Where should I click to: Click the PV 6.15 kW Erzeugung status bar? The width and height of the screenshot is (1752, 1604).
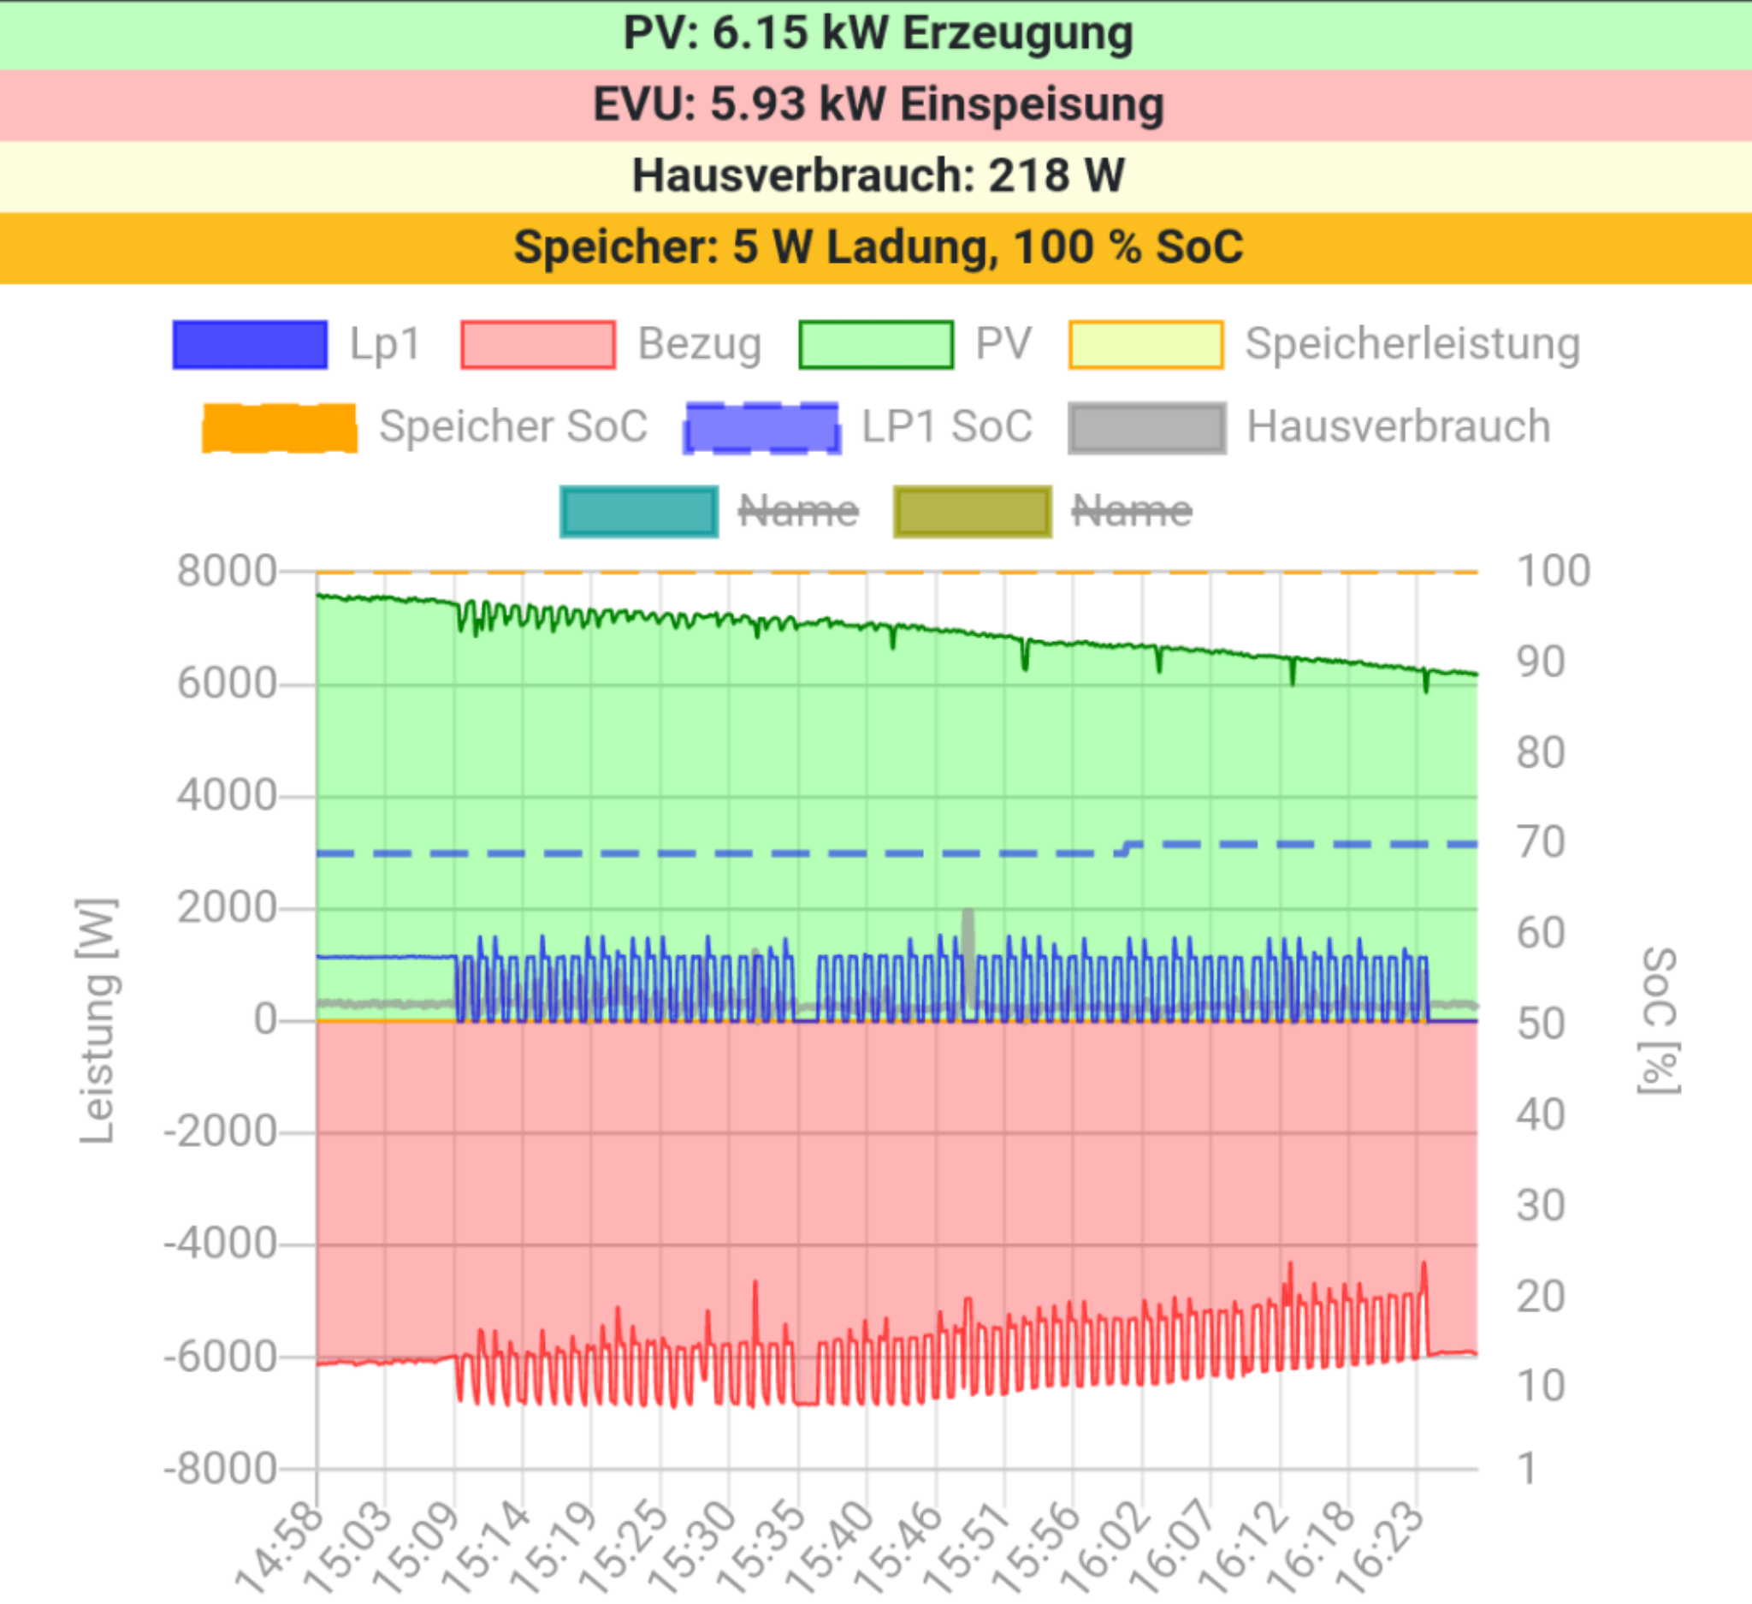tap(876, 35)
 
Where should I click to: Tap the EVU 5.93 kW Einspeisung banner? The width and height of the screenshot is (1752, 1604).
tap(876, 105)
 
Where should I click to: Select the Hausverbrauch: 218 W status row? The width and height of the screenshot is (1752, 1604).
tap(876, 176)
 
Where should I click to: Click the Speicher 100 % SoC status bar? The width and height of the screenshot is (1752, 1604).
tap(876, 247)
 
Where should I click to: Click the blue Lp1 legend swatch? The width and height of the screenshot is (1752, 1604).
tap(251, 345)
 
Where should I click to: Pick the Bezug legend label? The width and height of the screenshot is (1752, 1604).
tap(700, 344)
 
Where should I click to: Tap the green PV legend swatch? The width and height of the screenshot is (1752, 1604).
tap(876, 345)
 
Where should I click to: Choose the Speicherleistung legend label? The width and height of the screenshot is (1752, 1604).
tap(1412, 344)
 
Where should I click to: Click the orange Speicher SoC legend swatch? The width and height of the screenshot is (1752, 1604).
tap(279, 428)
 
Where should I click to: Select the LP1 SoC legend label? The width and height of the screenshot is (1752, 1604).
tap(946, 427)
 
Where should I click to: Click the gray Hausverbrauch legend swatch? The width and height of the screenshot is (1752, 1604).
tap(1147, 428)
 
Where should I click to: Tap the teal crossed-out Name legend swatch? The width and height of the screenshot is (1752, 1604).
tap(639, 511)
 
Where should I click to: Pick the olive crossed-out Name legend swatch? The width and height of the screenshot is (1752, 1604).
tap(973, 511)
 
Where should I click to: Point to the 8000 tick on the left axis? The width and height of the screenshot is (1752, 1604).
tap(227, 572)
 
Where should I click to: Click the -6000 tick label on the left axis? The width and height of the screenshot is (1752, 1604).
tap(220, 1357)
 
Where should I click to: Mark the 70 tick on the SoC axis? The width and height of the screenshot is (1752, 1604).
tap(1541, 842)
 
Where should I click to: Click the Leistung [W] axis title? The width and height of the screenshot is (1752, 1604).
tap(98, 1020)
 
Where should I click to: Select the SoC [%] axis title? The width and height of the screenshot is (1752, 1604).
tap(1659, 1020)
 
